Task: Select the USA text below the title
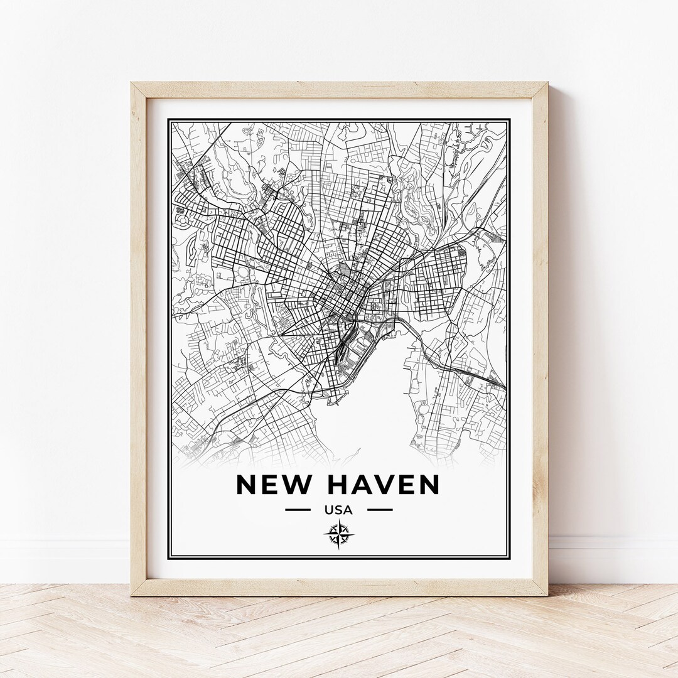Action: [x=339, y=510]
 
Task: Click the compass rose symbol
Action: [x=338, y=534]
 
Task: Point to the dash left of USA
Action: [x=298, y=510]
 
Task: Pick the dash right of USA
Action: [x=380, y=510]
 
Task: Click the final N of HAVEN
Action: [x=428, y=485]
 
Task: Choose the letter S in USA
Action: [x=339, y=510]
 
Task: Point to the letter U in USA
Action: [x=330, y=510]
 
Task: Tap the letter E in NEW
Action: [x=271, y=485]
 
